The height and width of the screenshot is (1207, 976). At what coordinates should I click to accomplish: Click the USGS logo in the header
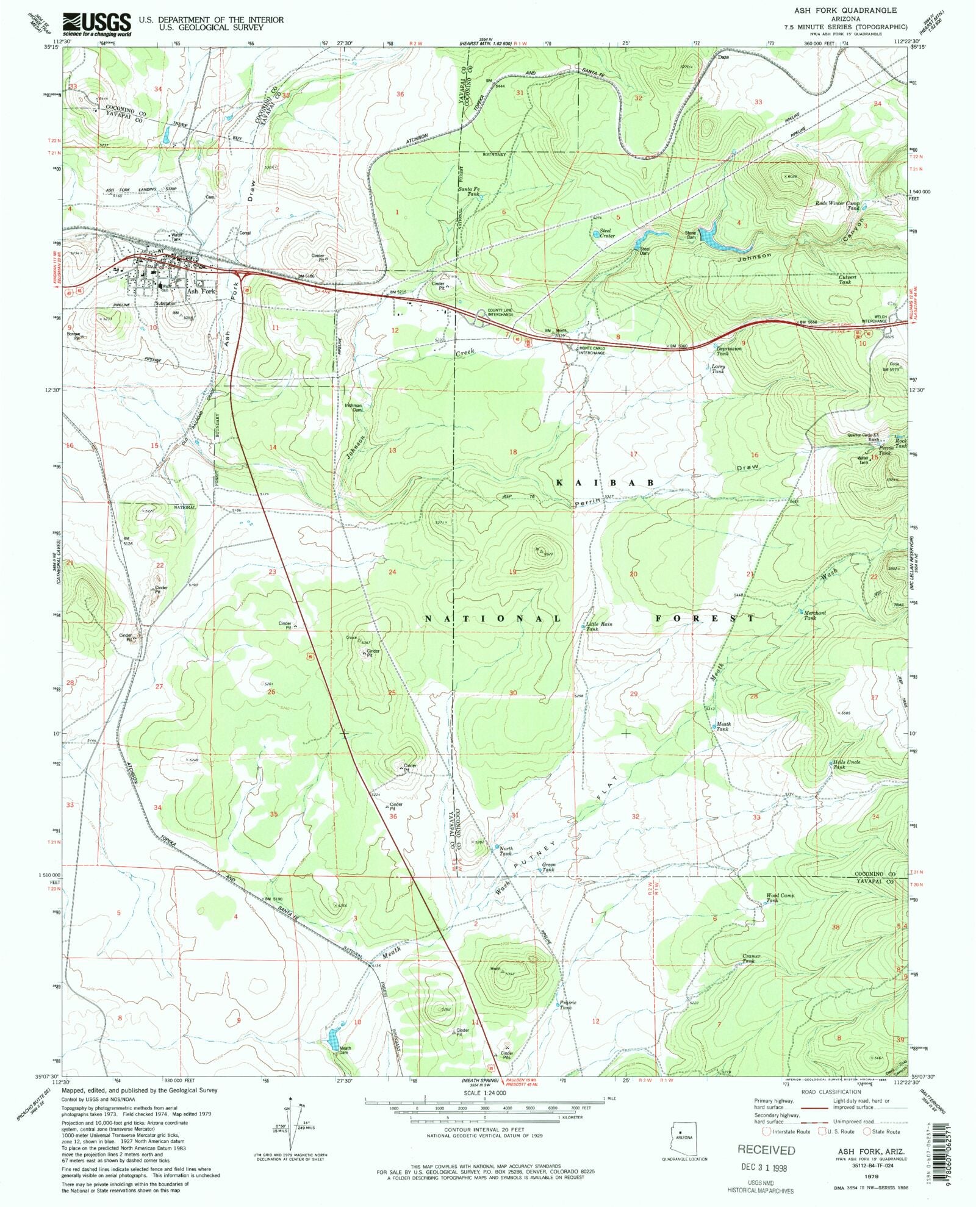(x=96, y=23)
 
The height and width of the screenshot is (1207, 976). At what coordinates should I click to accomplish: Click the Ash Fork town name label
(x=201, y=292)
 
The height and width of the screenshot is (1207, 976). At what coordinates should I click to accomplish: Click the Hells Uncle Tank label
(x=848, y=765)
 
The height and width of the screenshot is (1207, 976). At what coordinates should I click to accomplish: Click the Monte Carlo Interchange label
(x=592, y=351)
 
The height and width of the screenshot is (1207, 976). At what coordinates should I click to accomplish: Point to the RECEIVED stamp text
(x=766, y=1150)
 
